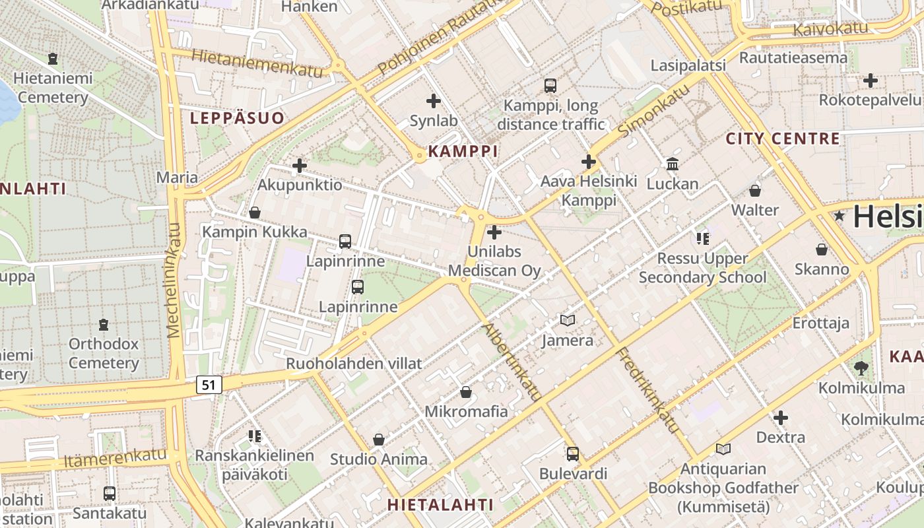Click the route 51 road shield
tap(209, 385)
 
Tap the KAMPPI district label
tap(463, 151)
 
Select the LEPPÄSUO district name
tap(237, 118)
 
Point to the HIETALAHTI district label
tap(440, 505)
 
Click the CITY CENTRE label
tap(783, 139)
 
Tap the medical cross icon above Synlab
tap(434, 101)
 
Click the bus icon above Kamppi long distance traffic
tap(550, 85)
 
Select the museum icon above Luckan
tap(673, 164)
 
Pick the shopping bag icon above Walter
tap(755, 191)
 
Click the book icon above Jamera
tap(567, 321)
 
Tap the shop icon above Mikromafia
tap(466, 392)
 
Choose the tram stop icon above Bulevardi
tap(573, 454)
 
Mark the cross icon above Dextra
tap(781, 417)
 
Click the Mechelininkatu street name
tap(174, 280)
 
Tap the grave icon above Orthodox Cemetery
tap(104, 325)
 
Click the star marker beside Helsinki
tap(840, 216)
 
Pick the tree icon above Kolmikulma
tap(861, 368)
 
